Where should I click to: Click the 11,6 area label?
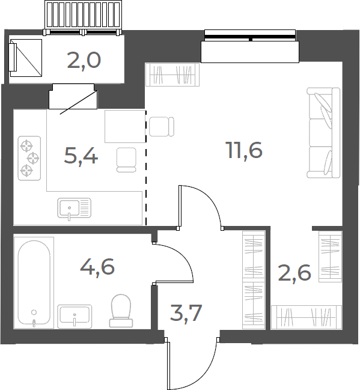[x=245, y=150]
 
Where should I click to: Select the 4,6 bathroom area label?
[x=97, y=267]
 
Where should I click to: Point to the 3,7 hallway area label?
[x=186, y=313]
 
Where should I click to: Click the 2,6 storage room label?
[x=294, y=273]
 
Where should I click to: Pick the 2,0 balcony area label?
[x=84, y=61]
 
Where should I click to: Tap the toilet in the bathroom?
[x=121, y=311]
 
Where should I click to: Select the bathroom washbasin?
[x=75, y=316]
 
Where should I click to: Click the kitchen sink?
[x=74, y=209]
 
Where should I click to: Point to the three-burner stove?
[x=29, y=158]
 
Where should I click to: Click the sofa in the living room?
[x=323, y=133]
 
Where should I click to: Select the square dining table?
[x=125, y=126]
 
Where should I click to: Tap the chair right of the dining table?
[x=162, y=127]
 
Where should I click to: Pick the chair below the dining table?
[x=126, y=160]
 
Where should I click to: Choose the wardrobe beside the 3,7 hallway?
[x=254, y=280]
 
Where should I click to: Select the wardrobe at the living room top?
[x=172, y=75]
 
